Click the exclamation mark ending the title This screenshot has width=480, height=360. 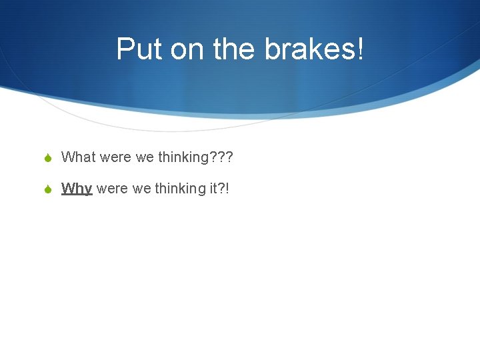tap(361, 49)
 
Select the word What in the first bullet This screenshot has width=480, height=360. tap(79, 157)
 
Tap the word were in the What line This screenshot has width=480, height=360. tap(115, 157)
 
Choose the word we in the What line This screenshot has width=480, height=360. tap(145, 157)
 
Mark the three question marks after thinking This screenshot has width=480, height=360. tap(222, 157)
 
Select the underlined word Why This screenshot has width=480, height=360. tap(77, 189)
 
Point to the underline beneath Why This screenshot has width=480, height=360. tap(77, 195)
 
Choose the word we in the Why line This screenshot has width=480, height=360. tap(142, 189)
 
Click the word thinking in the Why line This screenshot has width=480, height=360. tap(181, 189)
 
